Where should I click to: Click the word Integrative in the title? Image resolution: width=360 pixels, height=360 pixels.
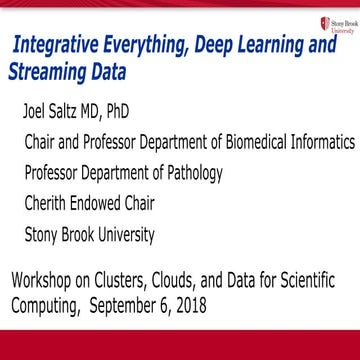tap(59, 45)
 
